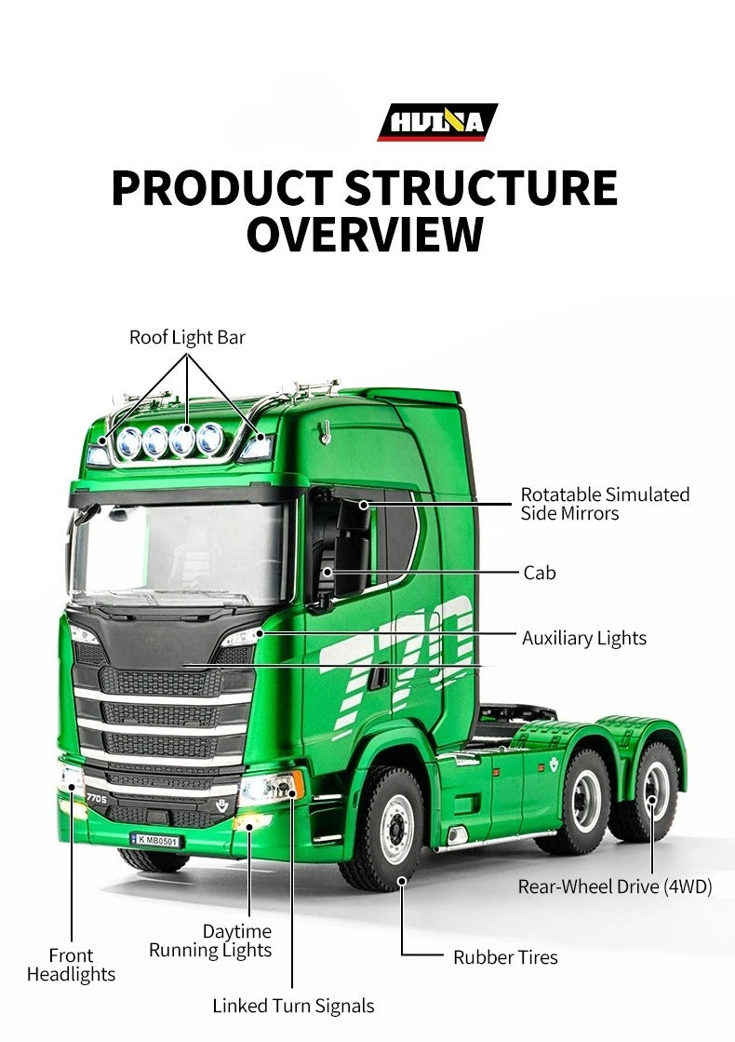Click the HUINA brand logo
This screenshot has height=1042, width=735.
[437, 122]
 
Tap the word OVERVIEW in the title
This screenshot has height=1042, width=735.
[365, 233]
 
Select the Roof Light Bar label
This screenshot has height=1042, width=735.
[187, 338]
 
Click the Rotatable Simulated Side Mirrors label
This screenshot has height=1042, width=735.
[604, 504]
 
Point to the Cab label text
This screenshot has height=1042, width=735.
[539, 572]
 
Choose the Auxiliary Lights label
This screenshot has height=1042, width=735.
[583, 638]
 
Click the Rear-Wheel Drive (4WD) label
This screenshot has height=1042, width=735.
[614, 886]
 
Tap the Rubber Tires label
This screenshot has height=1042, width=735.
[505, 957]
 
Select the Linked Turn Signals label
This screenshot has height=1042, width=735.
[293, 1006]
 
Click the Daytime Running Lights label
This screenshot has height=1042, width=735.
[210, 941]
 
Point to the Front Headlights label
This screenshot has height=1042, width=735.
[71, 965]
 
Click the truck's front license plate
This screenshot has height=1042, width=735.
[155, 840]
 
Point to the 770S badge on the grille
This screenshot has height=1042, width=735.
[96, 799]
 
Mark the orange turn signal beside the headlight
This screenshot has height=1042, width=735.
[298, 784]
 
